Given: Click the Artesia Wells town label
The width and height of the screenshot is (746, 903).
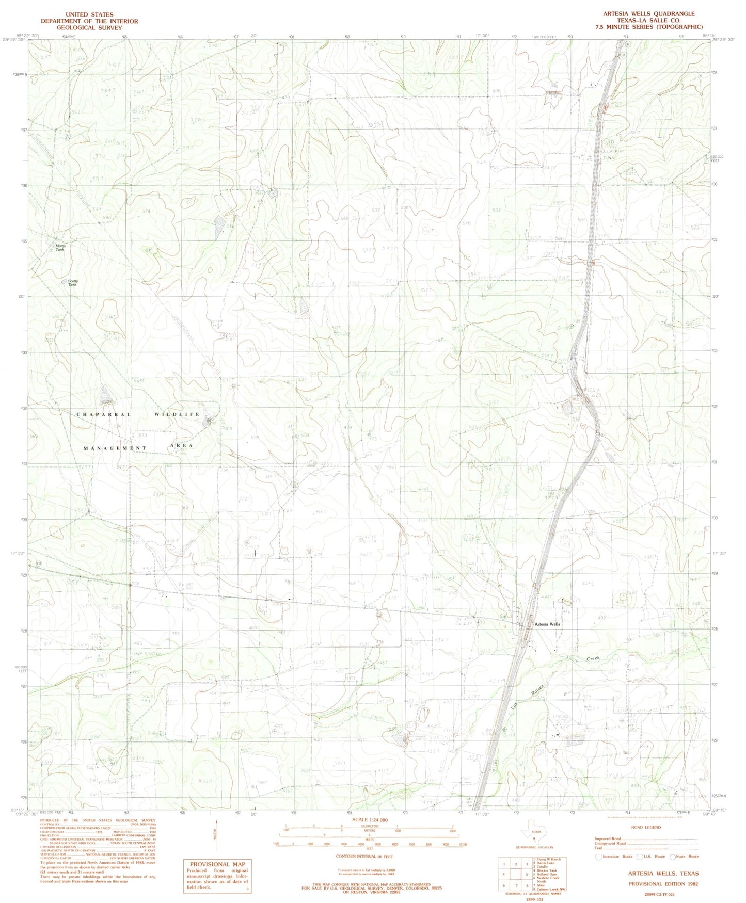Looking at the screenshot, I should (x=547, y=624).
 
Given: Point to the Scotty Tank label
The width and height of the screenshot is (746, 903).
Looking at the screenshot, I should (x=72, y=283).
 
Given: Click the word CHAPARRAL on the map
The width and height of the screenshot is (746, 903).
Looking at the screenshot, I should (x=104, y=414).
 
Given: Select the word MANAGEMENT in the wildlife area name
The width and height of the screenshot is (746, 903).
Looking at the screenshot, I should (x=115, y=448).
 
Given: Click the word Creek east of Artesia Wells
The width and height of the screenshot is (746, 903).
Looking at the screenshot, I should (x=595, y=659).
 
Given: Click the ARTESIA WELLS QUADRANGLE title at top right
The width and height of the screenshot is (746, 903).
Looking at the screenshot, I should (x=648, y=14).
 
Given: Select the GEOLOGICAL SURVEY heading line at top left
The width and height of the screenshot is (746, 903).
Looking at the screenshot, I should (x=89, y=27).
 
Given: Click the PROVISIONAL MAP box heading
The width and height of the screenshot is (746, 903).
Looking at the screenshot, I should (x=217, y=864).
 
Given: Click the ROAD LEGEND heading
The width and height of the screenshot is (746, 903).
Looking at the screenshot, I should (x=645, y=827).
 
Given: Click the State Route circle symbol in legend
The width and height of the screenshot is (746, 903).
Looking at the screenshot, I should (x=673, y=857).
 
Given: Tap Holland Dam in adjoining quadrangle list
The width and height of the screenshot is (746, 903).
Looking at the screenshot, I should (x=546, y=874).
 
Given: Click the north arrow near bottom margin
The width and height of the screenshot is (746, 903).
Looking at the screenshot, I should (x=217, y=831).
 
